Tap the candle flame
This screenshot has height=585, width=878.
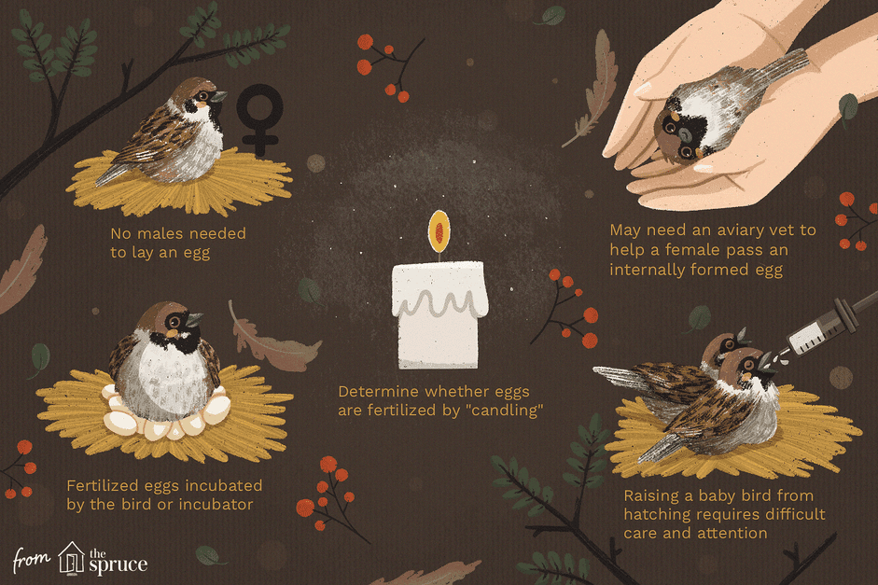click(x=439, y=230)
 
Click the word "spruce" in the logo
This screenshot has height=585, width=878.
click(x=118, y=564)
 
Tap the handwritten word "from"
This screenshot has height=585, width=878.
click(x=32, y=559)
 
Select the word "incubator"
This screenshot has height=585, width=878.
click(x=216, y=505)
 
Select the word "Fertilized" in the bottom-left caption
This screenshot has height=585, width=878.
click(x=102, y=485)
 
